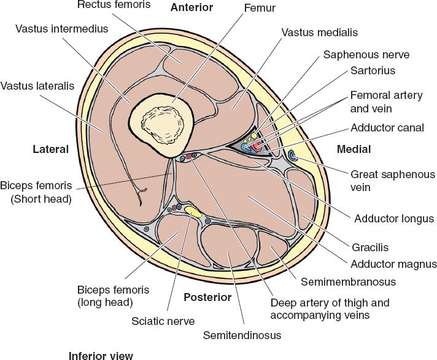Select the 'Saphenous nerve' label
click(366, 55)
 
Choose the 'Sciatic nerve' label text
click(163, 321)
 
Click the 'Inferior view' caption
click(101, 355)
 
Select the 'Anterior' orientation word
click(191, 8)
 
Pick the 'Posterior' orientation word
click(207, 297)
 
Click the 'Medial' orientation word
click(354, 149)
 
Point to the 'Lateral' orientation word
click(50, 149)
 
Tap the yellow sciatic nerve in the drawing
click(193, 212)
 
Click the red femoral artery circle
click(258, 147)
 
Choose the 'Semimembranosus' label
click(349, 282)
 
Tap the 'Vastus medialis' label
click(319, 33)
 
